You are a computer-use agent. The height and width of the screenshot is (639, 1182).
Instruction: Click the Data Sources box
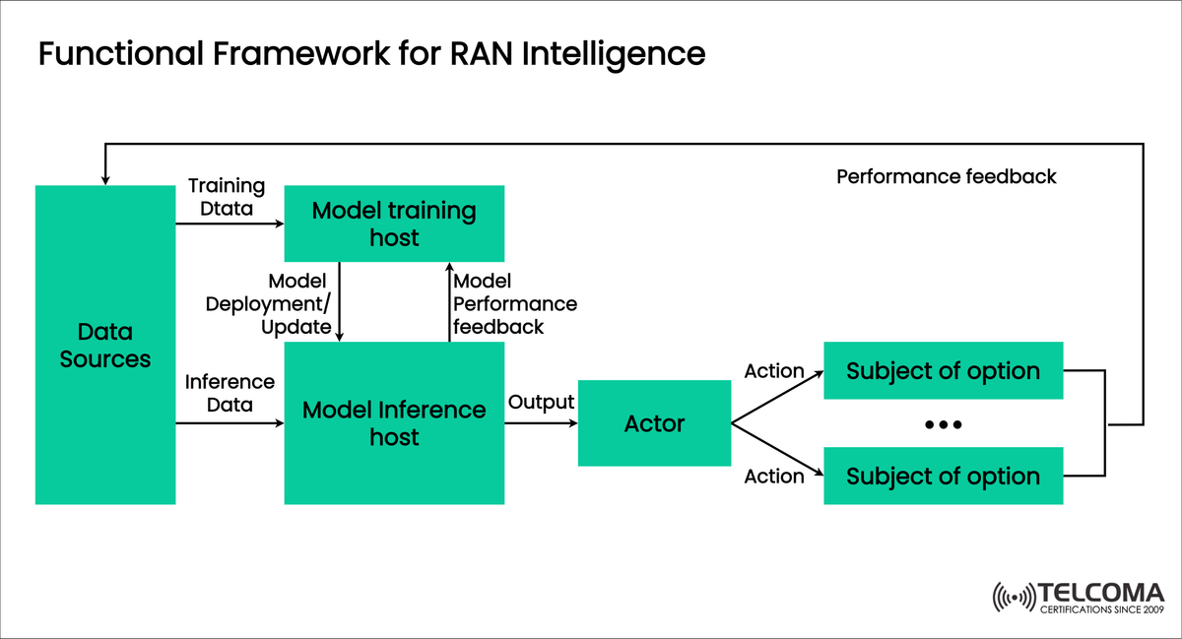[104, 345]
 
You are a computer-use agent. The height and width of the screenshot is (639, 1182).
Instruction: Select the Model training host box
[394, 224]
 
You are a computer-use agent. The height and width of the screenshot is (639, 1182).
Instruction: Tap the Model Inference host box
[394, 423]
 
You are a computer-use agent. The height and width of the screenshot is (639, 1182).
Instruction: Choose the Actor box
[654, 423]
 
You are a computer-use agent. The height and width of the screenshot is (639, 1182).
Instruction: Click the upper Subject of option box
[943, 371]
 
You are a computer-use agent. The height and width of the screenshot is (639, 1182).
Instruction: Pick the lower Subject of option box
[943, 476]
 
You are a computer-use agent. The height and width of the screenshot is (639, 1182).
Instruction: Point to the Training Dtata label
[227, 197]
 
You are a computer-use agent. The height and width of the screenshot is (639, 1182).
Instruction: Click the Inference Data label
[230, 393]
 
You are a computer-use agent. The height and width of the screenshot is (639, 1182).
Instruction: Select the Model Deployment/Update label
[268, 304]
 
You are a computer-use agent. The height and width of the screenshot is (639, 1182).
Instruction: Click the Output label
[541, 403]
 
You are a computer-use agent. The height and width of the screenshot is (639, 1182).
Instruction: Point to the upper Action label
[774, 371]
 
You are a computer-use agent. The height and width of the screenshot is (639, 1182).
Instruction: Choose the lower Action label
[774, 477]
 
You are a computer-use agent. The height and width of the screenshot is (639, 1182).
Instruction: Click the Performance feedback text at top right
[946, 177]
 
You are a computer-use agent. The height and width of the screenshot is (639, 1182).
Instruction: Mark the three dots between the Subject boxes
[943, 424]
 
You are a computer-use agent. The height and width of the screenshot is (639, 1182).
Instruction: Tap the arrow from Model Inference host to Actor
[541, 424]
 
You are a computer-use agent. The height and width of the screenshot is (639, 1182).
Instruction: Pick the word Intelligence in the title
[616, 54]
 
